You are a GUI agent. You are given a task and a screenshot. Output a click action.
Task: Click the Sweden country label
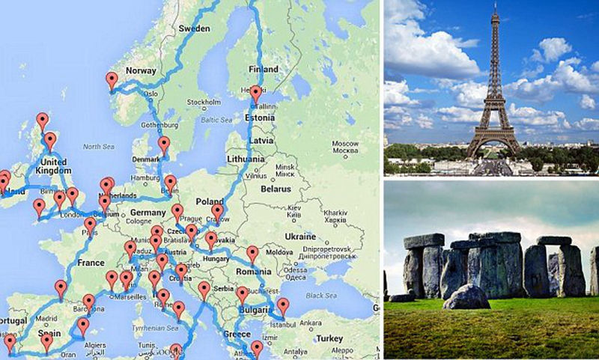pyautogui.click(x=195, y=28)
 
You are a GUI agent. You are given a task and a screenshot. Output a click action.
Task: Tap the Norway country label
pyautogui.click(x=141, y=71)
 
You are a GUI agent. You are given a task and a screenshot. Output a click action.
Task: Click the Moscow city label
pyautogui.click(x=344, y=143)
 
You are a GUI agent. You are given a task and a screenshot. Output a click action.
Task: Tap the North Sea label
pyautogui.click(x=98, y=147)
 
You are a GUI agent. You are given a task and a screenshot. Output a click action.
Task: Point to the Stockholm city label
pyautogui.click(x=202, y=102)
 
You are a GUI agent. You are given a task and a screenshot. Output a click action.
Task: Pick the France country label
pyautogui.click(x=91, y=263)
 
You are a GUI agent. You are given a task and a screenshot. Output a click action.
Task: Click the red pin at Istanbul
pyautogui.click(x=283, y=306)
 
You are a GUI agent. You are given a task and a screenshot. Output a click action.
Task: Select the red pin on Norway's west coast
pyautogui.click(x=112, y=80)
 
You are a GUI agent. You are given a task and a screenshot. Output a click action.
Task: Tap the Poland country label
pyautogui.click(x=210, y=202)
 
